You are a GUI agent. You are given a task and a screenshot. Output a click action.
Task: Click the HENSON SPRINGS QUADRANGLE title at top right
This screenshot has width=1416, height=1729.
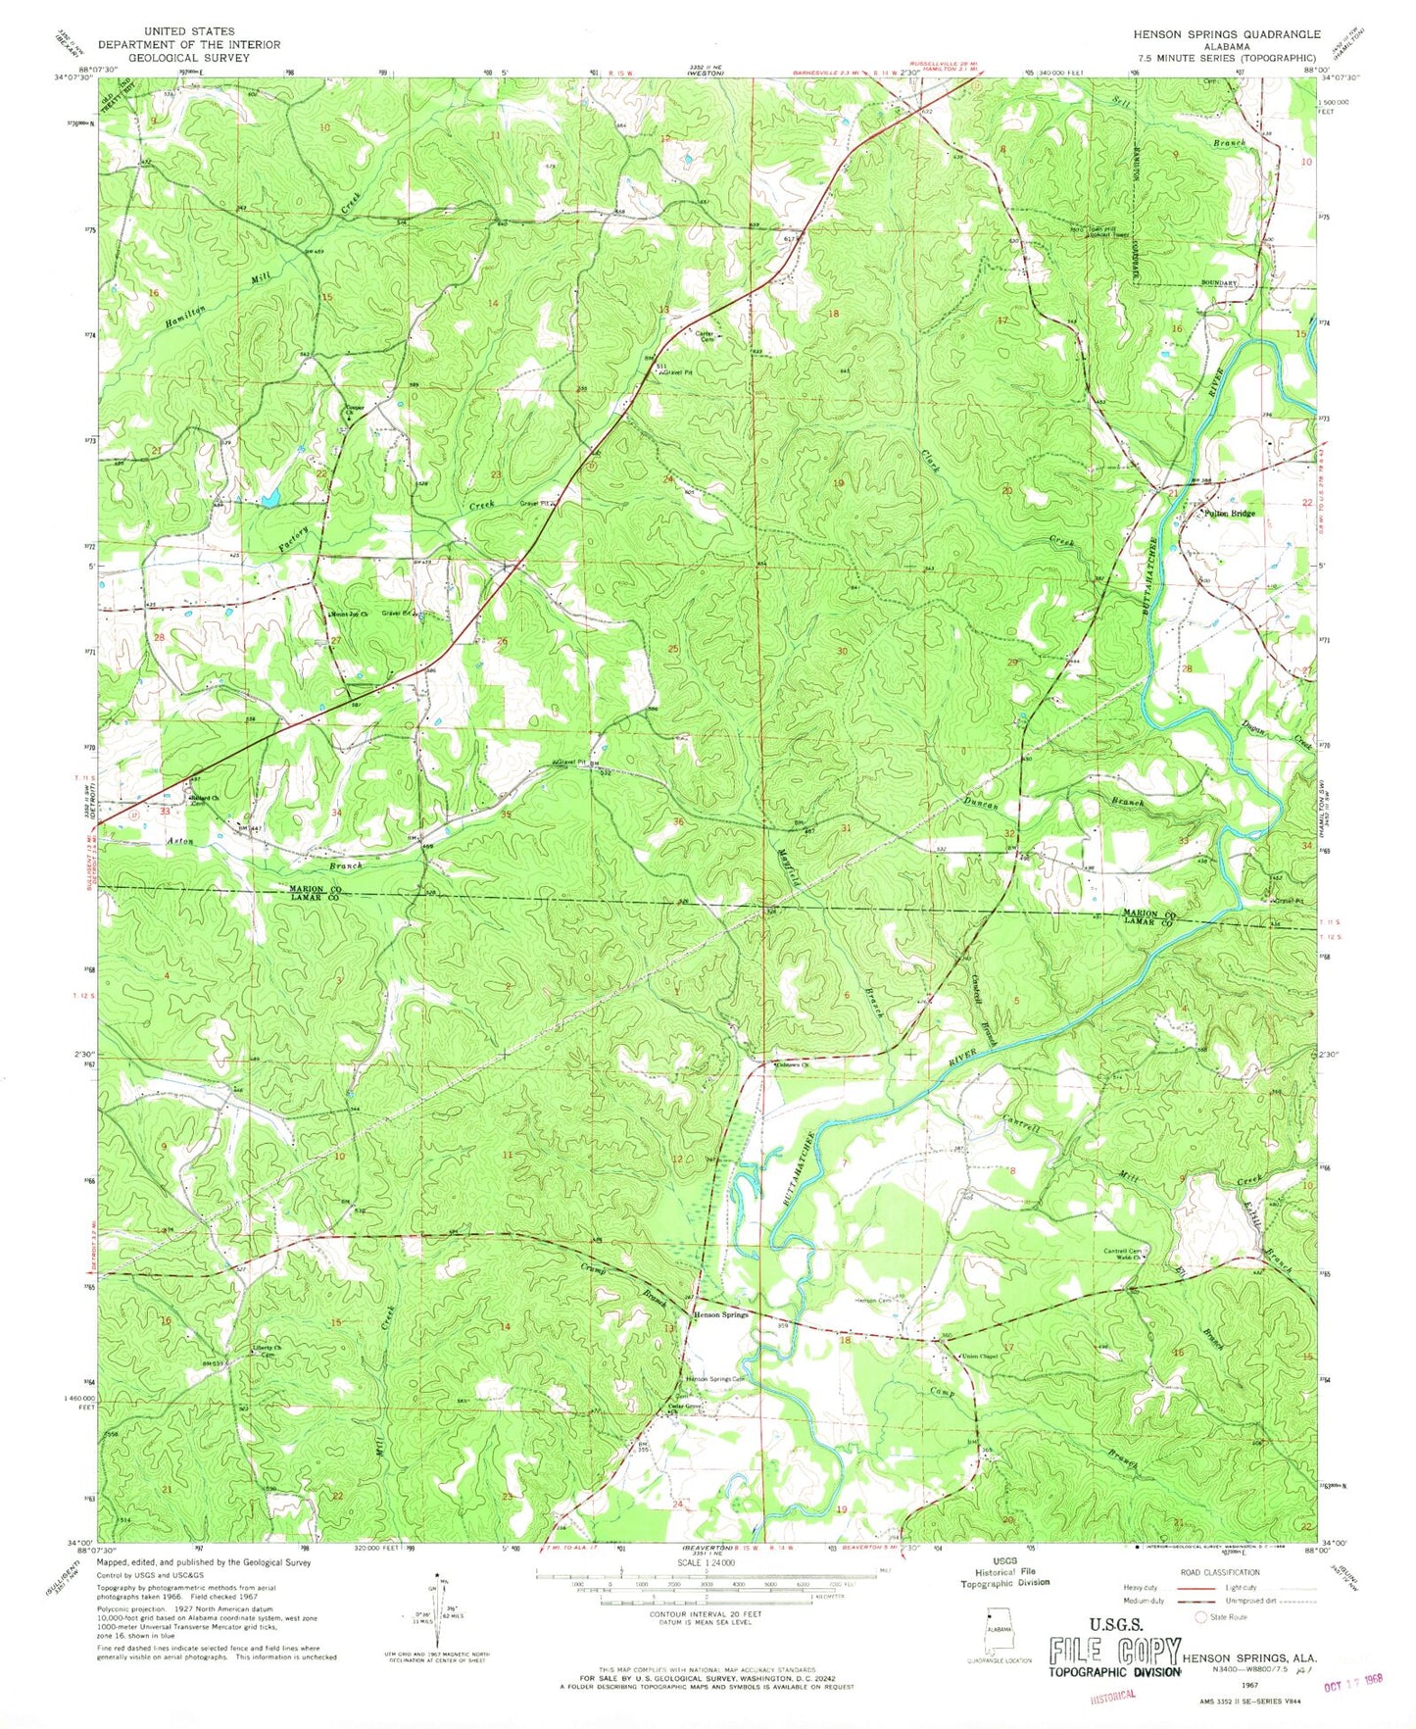point(1224,32)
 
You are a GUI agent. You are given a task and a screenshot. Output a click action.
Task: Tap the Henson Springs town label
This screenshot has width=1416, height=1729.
point(721,1314)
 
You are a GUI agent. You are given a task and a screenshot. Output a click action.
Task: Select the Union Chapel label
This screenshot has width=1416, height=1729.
point(979,1357)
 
